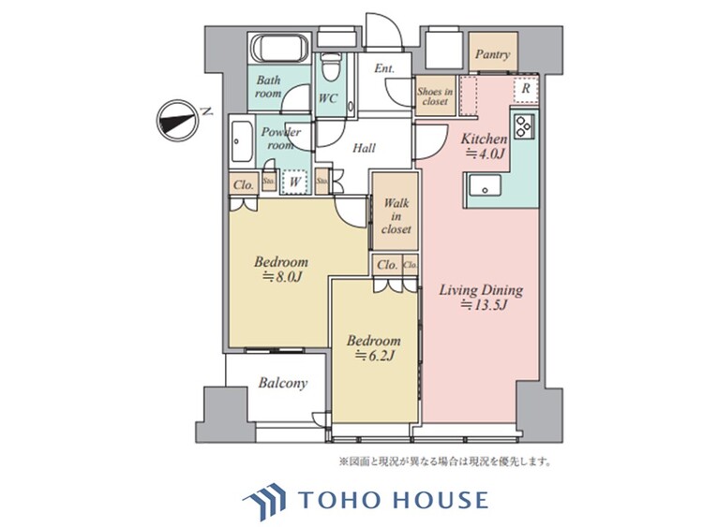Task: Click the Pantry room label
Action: (491, 55)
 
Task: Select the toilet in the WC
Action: (328, 67)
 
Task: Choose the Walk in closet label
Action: (394, 216)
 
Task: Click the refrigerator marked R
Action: (527, 88)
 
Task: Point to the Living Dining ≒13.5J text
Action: (481, 298)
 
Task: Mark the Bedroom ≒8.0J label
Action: (280, 270)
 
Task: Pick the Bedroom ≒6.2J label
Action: (374, 348)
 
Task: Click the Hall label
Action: (365, 148)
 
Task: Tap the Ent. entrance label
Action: (384, 68)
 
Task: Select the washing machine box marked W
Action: (294, 181)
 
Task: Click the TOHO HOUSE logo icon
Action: (266, 499)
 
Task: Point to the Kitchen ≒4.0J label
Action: (484, 145)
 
